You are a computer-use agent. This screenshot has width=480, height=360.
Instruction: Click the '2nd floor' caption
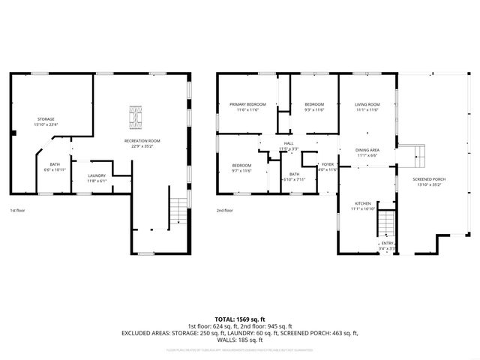[x=224, y=211]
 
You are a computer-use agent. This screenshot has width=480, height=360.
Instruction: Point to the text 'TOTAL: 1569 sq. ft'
[x=240, y=319]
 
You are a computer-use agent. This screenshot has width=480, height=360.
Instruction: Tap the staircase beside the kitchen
[x=385, y=223]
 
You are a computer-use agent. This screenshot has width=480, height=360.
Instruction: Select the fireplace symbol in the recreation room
[x=135, y=115]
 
